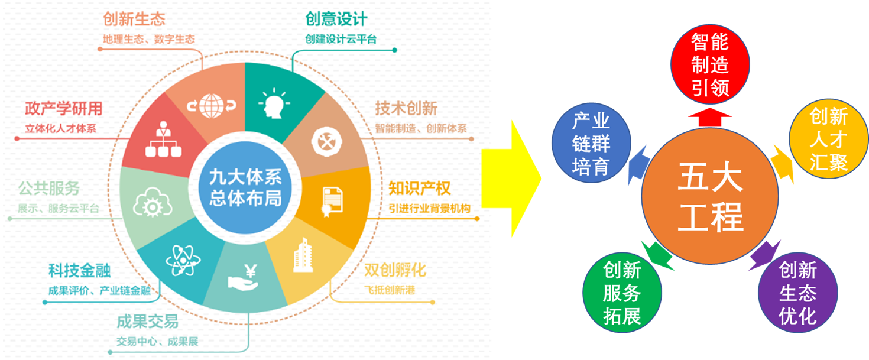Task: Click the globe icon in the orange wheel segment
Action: click(212, 105)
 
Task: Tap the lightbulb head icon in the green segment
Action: click(274, 103)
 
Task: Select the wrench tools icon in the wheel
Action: click(327, 142)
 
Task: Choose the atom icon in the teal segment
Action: click(183, 261)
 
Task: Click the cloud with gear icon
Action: click(153, 202)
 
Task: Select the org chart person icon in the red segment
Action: click(163, 139)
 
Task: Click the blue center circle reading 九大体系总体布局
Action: click(245, 188)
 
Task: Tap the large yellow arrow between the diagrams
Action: click(511, 179)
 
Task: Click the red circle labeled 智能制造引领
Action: click(710, 64)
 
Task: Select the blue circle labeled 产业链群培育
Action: click(591, 143)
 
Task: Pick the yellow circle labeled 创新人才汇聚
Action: click(829, 139)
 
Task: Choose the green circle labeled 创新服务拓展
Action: click(622, 293)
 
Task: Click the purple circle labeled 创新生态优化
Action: click(797, 293)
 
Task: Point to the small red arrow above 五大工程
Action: click(710, 117)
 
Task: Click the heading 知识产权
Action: click(419, 189)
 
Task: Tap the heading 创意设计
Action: click(336, 19)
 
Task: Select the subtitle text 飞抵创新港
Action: click(390, 290)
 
